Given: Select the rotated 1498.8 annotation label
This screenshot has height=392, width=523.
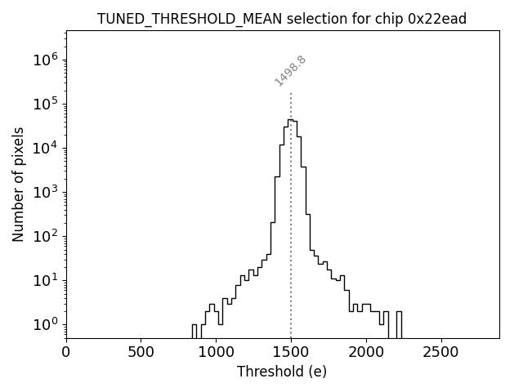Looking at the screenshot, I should click(x=290, y=71).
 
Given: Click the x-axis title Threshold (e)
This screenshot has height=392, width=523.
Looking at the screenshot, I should click(x=282, y=372).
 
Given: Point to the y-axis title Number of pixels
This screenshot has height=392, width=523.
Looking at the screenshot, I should click(x=19, y=184).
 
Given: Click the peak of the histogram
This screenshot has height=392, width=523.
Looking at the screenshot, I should click(x=289, y=120).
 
